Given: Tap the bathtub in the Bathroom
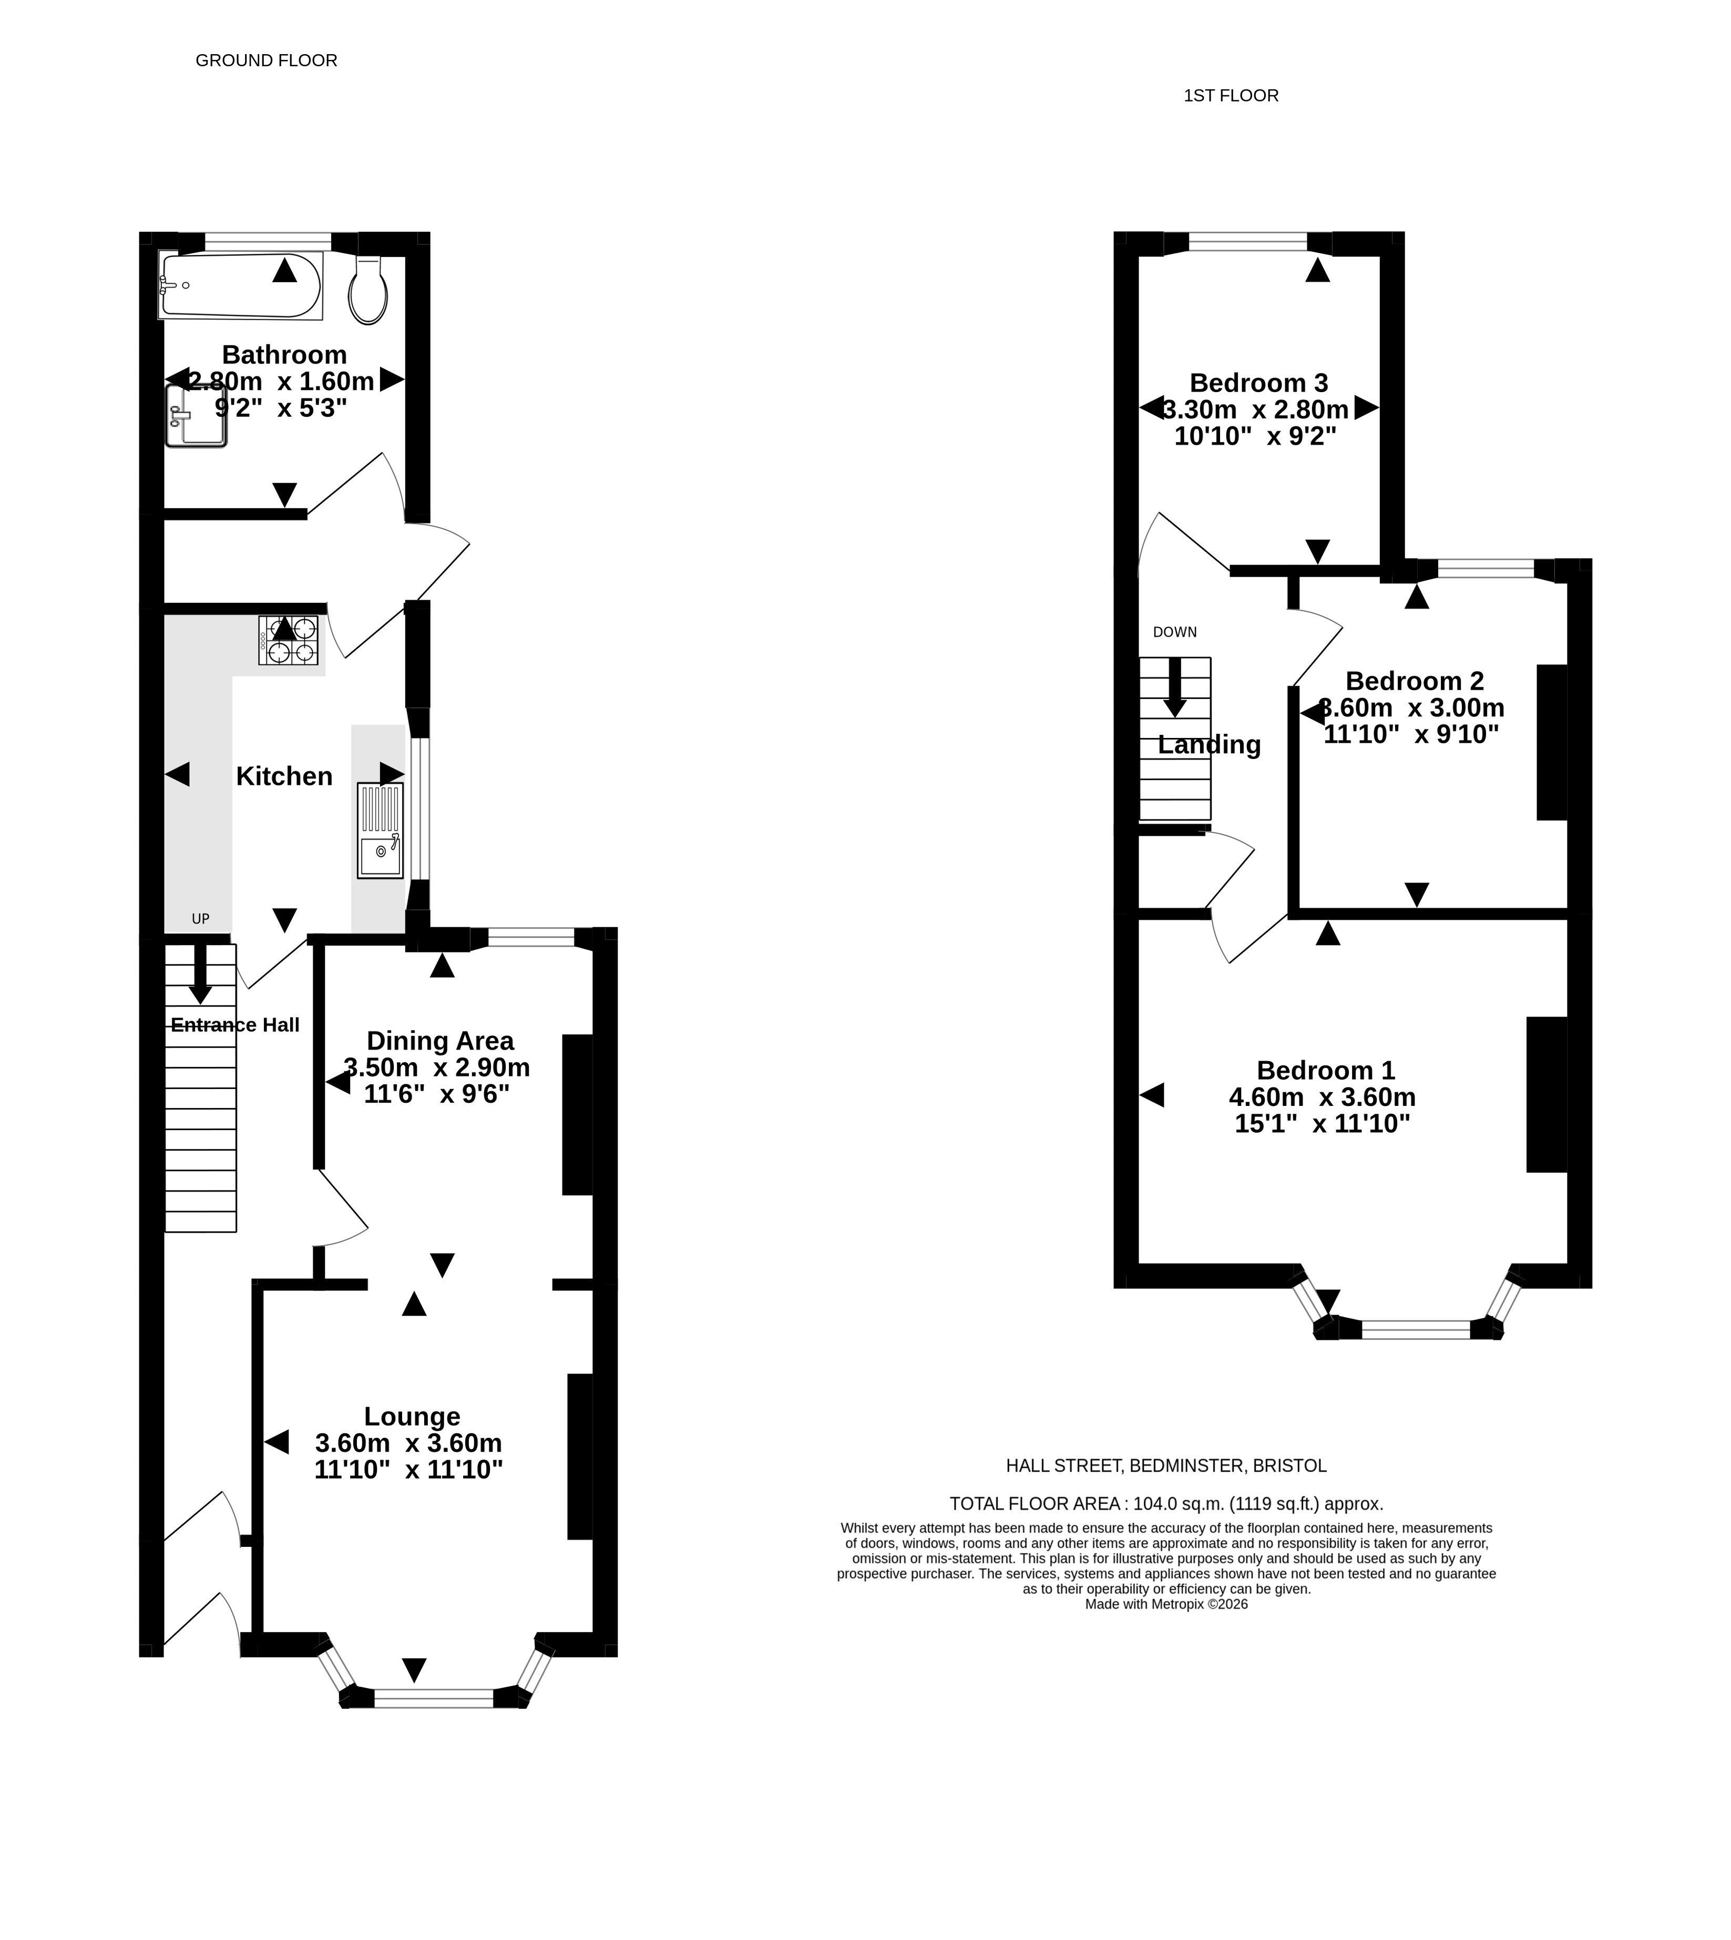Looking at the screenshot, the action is [x=241, y=285].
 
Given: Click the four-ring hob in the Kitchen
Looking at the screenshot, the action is [x=288, y=640].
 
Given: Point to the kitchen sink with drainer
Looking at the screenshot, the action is [x=381, y=830].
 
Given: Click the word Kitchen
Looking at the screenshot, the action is [x=284, y=776].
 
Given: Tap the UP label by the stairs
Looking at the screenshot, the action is [x=200, y=919].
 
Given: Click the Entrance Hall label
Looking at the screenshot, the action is [x=235, y=1025].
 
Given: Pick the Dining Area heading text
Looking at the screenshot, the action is [x=441, y=1040].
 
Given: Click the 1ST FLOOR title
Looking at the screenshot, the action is [x=1231, y=95].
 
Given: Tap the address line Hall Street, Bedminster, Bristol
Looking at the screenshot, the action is [x=1166, y=1466].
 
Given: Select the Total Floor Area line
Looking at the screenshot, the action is [x=1166, y=1504].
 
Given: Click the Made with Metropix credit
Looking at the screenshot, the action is [x=1166, y=1604].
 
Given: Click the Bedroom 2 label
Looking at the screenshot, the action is [x=1414, y=681].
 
